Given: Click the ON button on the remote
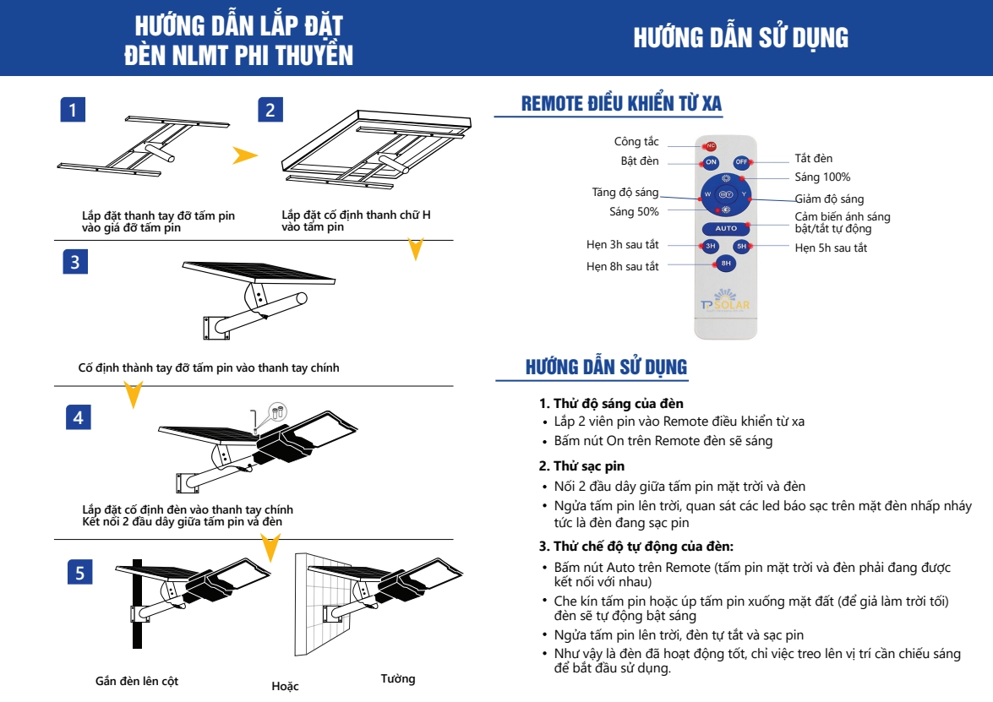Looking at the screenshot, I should click(711, 162).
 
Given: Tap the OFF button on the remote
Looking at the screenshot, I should click(741, 162).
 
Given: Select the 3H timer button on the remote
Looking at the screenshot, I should click(711, 247).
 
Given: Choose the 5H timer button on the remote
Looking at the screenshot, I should click(741, 247).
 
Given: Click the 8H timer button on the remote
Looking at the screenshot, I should click(726, 264).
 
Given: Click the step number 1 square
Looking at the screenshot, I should click(74, 109).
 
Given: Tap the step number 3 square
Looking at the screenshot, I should click(76, 262).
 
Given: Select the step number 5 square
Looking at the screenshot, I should click(79, 573).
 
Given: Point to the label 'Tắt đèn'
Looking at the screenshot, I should click(813, 159).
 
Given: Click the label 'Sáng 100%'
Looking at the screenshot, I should click(821, 177).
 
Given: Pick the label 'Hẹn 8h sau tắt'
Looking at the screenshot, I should click(622, 267).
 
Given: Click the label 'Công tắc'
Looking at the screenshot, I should click(636, 142).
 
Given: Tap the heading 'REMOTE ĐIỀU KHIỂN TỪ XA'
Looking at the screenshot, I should click(621, 104).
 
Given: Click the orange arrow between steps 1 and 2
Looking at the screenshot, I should click(244, 155).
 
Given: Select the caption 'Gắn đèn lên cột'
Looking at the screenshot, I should click(136, 681).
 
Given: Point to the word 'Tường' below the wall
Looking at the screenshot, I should click(397, 679).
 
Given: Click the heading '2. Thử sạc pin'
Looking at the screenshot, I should click(581, 466).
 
